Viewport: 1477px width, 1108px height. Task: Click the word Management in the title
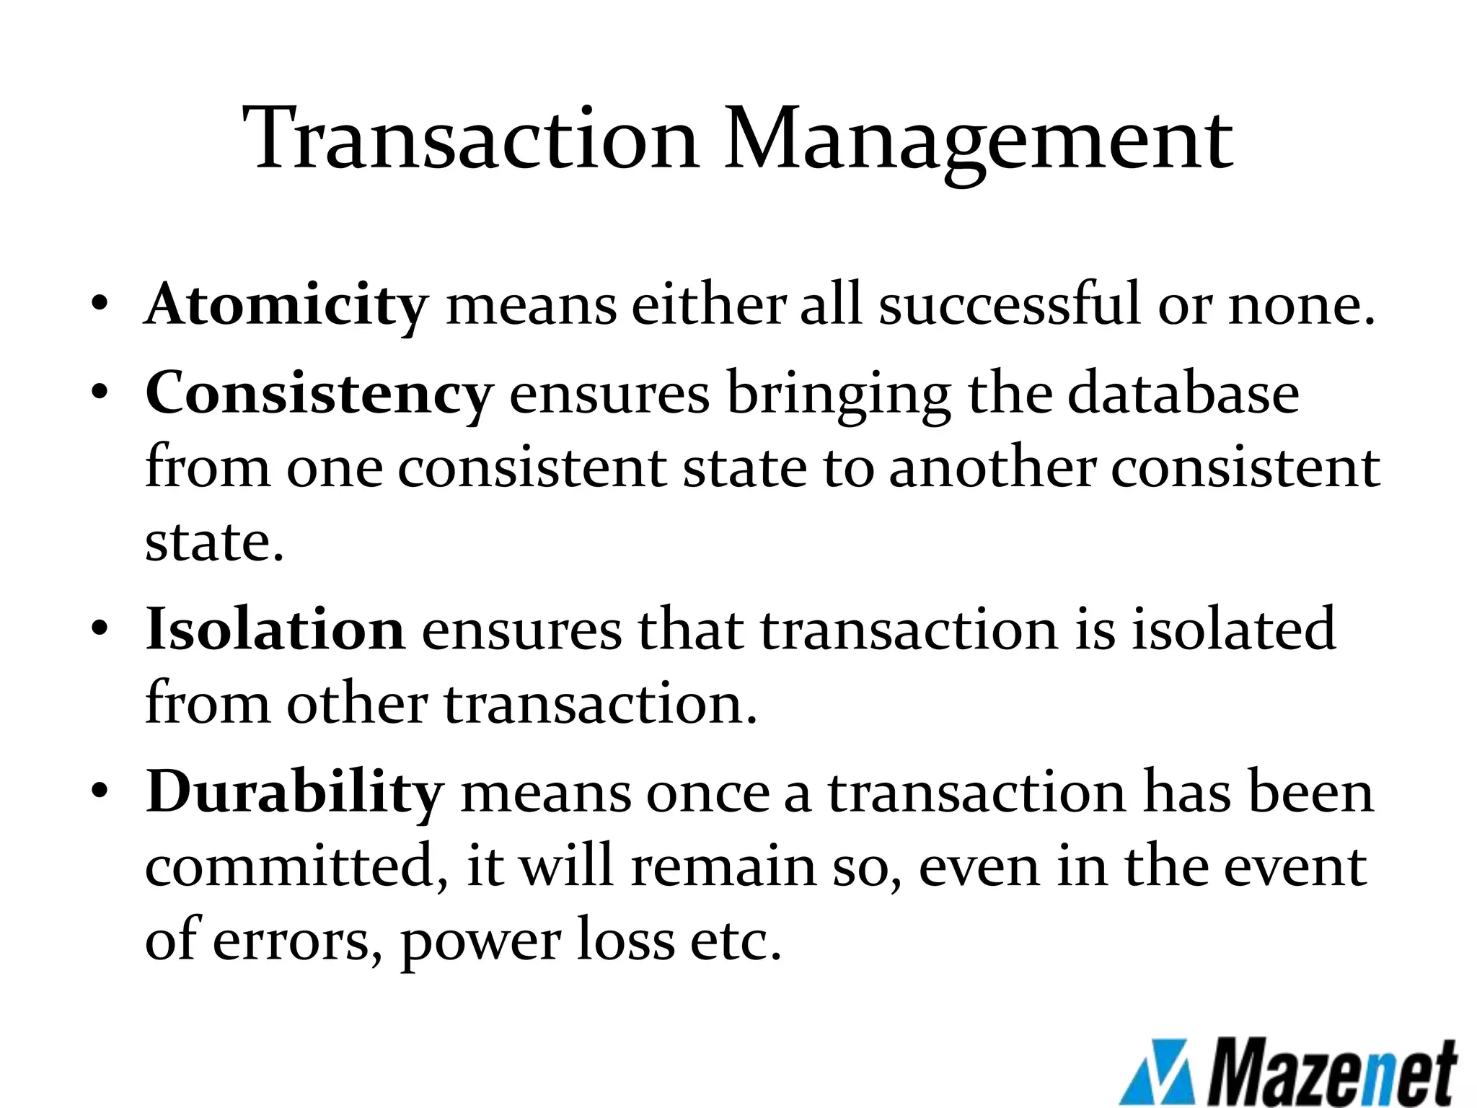pyautogui.click(x=978, y=141)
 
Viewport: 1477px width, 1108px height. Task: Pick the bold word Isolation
pyautogui.click(x=275, y=629)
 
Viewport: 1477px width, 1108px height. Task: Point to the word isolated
pyautogui.click(x=1233, y=629)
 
